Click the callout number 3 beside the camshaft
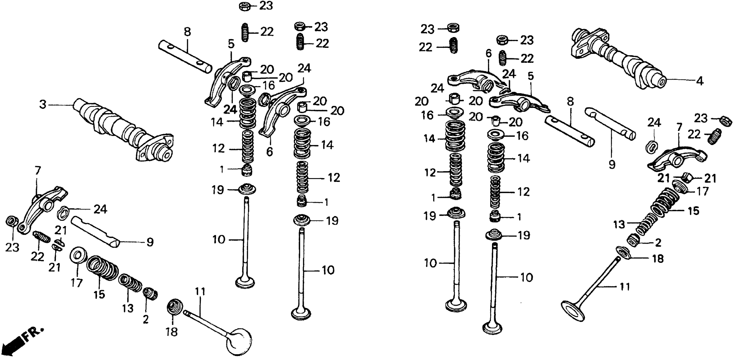[43, 105]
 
